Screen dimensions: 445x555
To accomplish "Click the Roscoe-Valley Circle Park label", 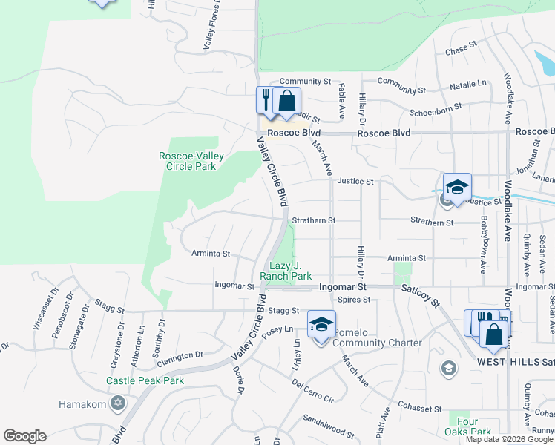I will tap(187, 161).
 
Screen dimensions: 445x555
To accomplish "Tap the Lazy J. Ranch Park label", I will tap(286, 271).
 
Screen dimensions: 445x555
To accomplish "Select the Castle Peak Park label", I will tap(145, 380).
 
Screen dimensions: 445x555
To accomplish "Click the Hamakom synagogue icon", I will tap(117, 404).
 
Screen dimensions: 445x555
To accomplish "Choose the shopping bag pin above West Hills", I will tap(493, 334).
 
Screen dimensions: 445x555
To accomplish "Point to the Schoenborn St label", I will tap(436, 109).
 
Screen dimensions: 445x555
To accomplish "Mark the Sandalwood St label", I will tap(329, 428).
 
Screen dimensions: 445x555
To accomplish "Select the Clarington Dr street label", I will tap(178, 355).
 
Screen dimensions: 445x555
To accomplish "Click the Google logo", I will tap(24, 436).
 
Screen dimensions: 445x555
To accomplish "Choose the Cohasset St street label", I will tap(419, 409).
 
